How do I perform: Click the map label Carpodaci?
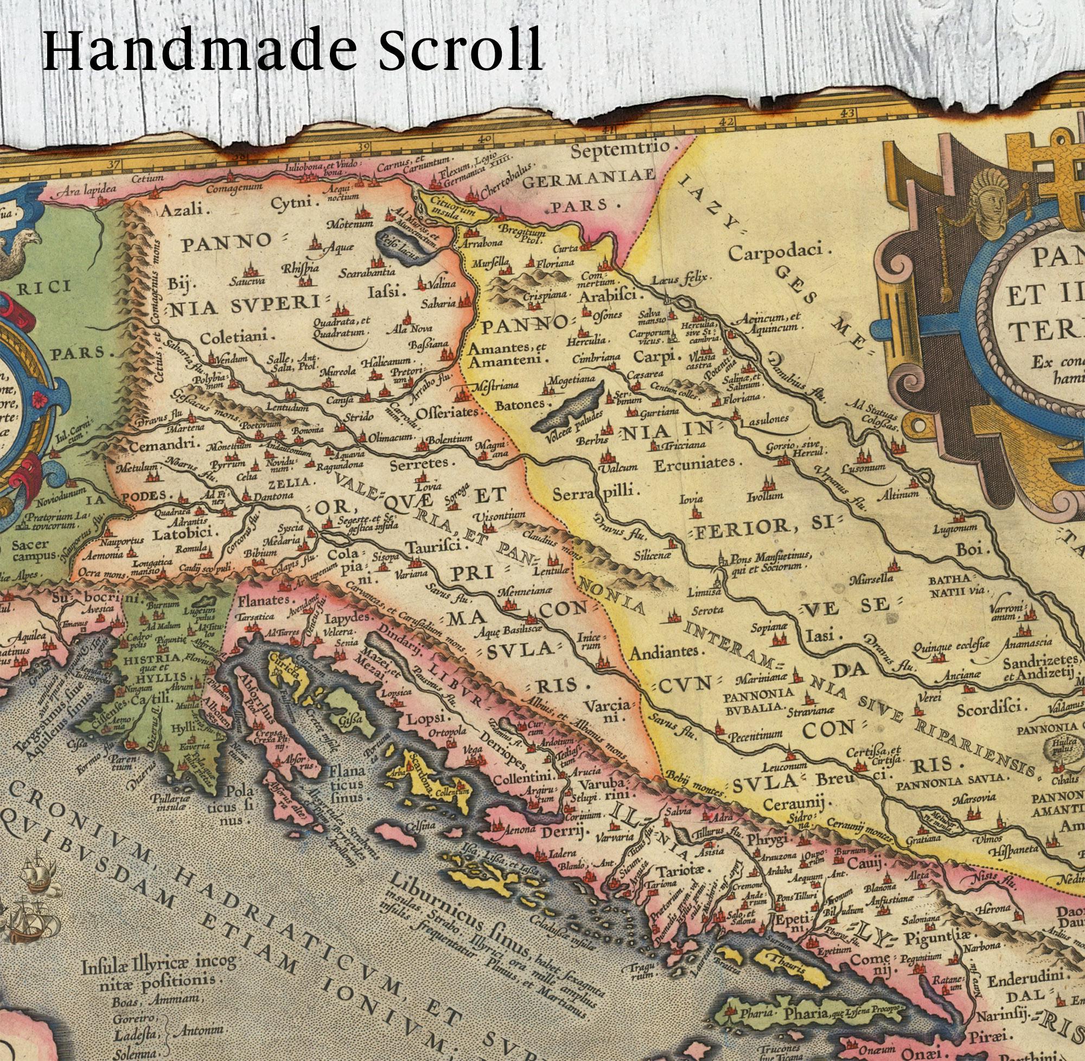point(780,254)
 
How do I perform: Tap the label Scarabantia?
point(366,273)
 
